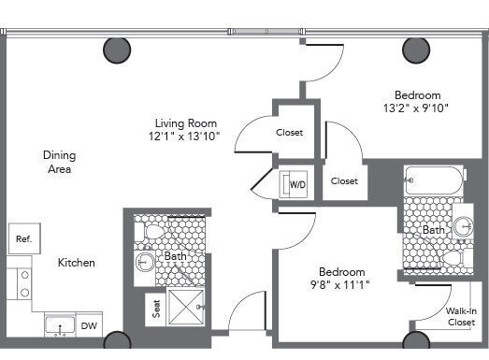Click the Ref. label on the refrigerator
23,239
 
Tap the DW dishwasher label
89,326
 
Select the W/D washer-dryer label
298,185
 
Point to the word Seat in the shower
156,309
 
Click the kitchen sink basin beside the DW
60,325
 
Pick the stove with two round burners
19,283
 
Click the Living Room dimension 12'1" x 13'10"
184,137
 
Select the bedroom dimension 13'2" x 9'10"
416,108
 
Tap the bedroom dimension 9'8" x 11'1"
340,284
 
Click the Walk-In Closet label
461,317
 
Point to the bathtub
434,181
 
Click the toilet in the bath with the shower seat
149,232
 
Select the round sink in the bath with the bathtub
463,225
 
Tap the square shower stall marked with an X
185,308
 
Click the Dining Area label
59,162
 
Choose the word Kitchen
77,263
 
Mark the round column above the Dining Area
117,50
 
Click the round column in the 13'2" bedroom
416,50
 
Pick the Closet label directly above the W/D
289,132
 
